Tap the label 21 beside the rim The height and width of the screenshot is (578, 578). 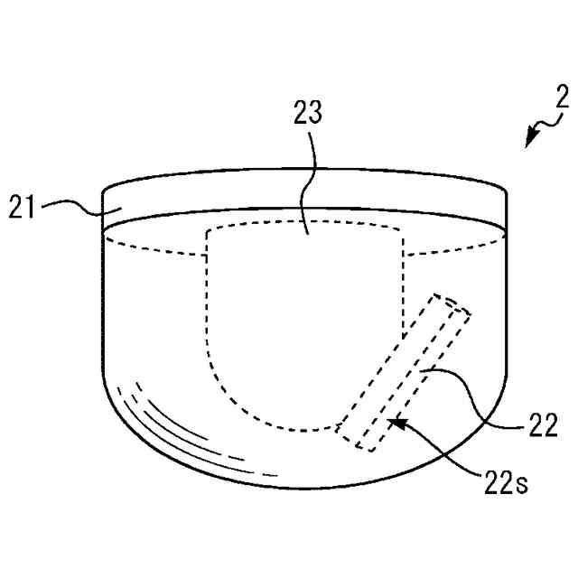pos(23,207)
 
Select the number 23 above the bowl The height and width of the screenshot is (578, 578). pos(307,112)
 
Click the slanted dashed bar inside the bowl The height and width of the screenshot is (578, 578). pos(404,371)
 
